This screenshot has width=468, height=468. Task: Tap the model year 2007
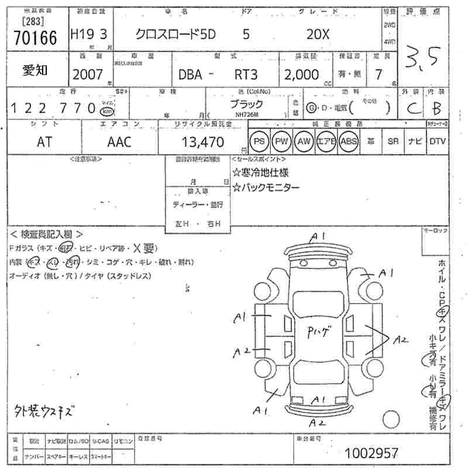87,75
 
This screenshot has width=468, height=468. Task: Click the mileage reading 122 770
53,108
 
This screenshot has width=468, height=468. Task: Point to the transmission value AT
44,142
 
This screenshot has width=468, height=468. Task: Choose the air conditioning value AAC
119,142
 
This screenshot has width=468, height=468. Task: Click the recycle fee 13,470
204,142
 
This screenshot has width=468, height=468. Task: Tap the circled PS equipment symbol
259,142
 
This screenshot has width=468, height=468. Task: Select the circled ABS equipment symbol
349,142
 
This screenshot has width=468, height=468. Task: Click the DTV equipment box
437,142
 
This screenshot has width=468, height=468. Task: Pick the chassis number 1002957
371,453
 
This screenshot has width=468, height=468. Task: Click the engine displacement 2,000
301,75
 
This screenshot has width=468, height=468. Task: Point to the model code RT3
247,75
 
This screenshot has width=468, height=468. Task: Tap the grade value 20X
318,35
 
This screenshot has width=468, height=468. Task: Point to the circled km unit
106,111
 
